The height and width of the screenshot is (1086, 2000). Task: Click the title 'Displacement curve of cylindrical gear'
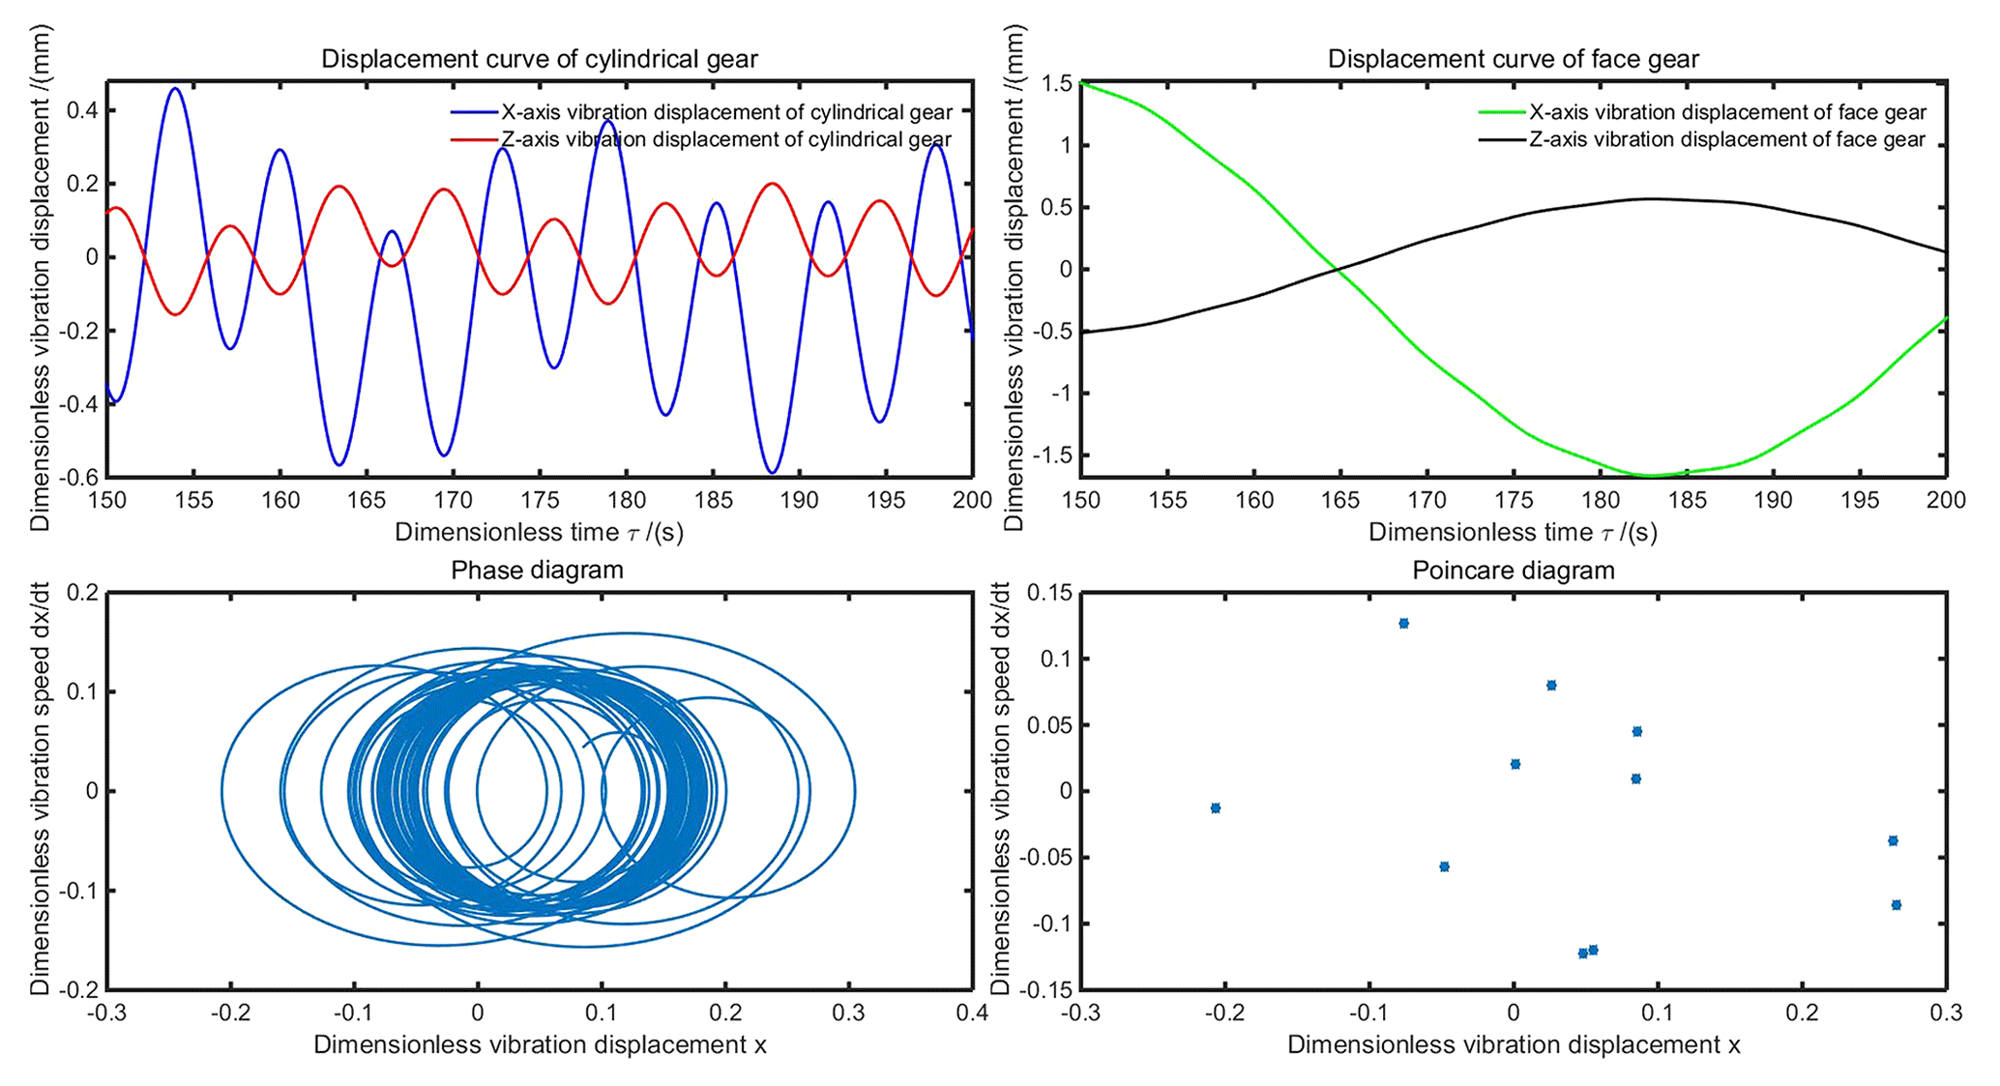click(539, 60)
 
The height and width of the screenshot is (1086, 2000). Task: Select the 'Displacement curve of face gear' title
click(1513, 60)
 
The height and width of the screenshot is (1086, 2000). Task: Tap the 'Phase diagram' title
click(537, 571)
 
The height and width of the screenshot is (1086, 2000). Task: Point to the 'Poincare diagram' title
click(1513, 571)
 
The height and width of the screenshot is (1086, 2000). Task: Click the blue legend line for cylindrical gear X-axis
click(474, 113)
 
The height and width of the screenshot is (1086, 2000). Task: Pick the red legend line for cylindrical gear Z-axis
click(474, 140)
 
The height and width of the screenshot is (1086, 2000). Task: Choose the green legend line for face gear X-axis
click(1502, 113)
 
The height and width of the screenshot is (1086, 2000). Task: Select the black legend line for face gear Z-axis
click(1502, 140)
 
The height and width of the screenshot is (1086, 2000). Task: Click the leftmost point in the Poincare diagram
click(1216, 807)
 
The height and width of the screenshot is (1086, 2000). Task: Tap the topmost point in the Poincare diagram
click(1403, 624)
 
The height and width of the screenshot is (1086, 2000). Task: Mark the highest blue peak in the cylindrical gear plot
click(175, 89)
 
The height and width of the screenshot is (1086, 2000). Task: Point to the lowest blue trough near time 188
click(772, 472)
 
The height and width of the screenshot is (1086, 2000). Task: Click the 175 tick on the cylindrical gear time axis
click(540, 501)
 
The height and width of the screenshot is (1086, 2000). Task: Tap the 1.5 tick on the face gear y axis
click(1058, 84)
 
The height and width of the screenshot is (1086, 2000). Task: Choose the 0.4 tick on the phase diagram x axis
click(972, 1013)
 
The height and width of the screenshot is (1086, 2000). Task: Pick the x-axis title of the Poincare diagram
click(1513, 1045)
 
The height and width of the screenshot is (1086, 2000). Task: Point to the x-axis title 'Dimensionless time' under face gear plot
click(1513, 533)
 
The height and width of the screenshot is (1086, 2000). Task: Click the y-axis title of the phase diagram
click(40, 789)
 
